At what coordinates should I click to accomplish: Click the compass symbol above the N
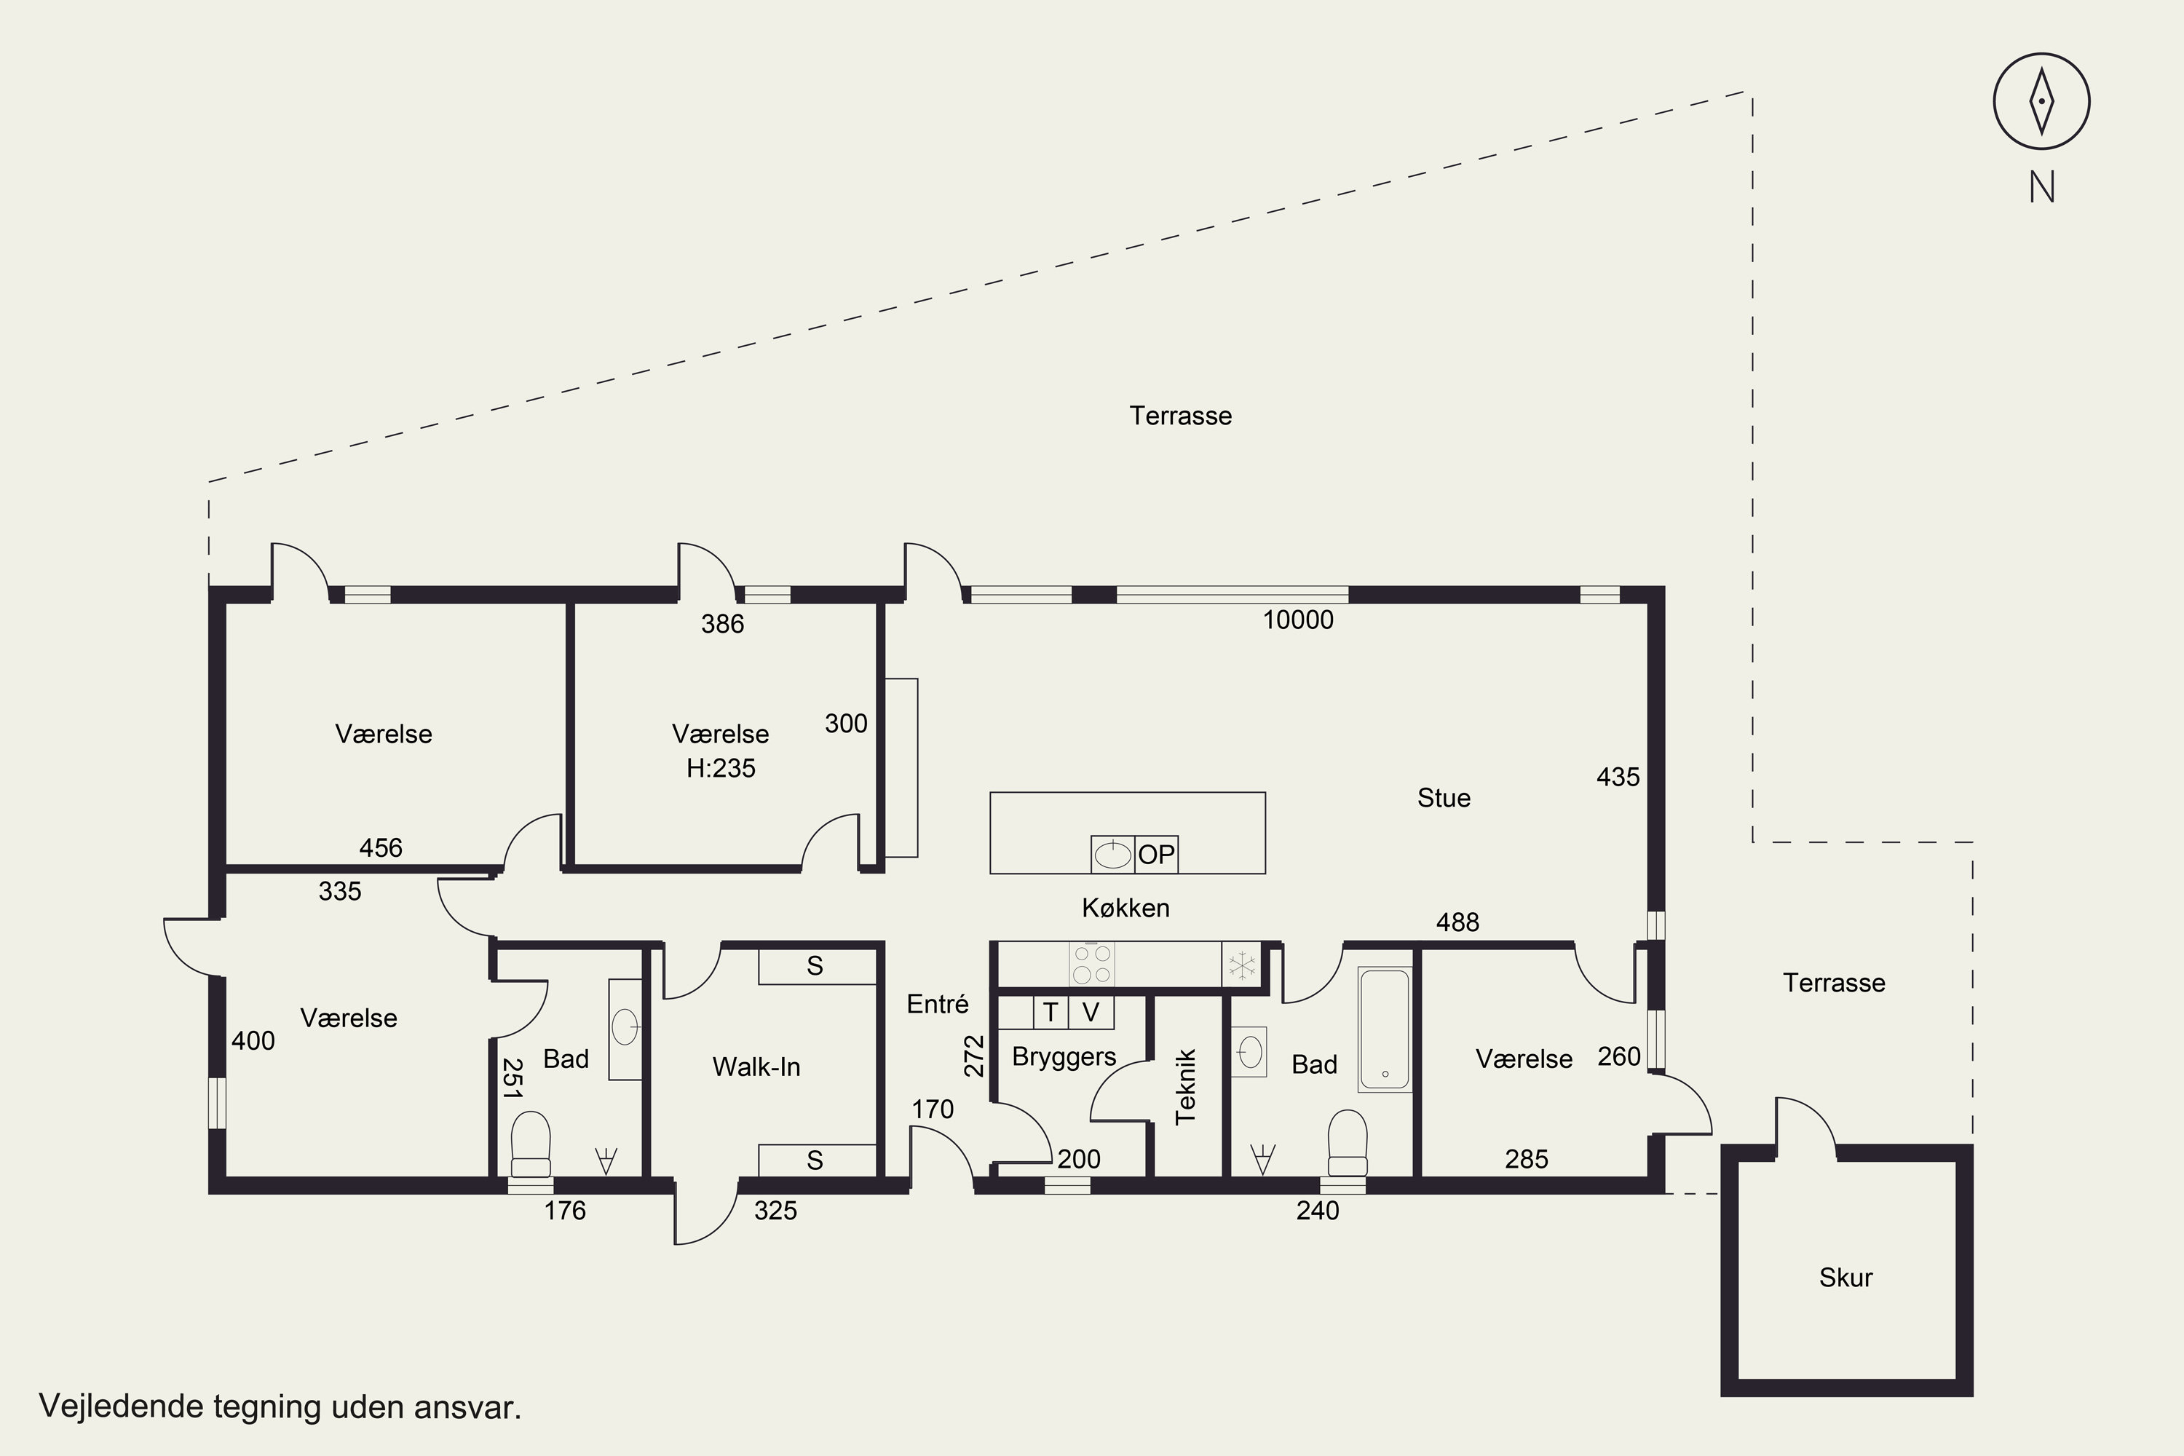tap(2041, 101)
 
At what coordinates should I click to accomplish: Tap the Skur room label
tap(1846, 1278)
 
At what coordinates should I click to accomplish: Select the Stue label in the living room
tap(1444, 798)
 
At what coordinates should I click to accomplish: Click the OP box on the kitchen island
tap(1156, 854)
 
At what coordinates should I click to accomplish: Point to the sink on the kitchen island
tap(1112, 854)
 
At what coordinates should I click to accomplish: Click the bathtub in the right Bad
tap(1385, 1029)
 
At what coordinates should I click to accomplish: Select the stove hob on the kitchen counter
tap(1091, 963)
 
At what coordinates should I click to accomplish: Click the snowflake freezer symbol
tap(1241, 965)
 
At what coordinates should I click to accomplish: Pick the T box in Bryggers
tap(1051, 1012)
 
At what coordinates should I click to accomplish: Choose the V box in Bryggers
tap(1091, 1012)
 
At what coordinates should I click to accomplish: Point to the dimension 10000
tap(1298, 620)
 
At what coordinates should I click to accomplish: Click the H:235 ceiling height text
tap(721, 768)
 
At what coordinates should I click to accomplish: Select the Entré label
tap(938, 1004)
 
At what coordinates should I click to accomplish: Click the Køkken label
tap(1125, 907)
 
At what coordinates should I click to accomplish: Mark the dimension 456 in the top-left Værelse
tap(381, 848)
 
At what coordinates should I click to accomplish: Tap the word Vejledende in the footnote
tap(122, 1406)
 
